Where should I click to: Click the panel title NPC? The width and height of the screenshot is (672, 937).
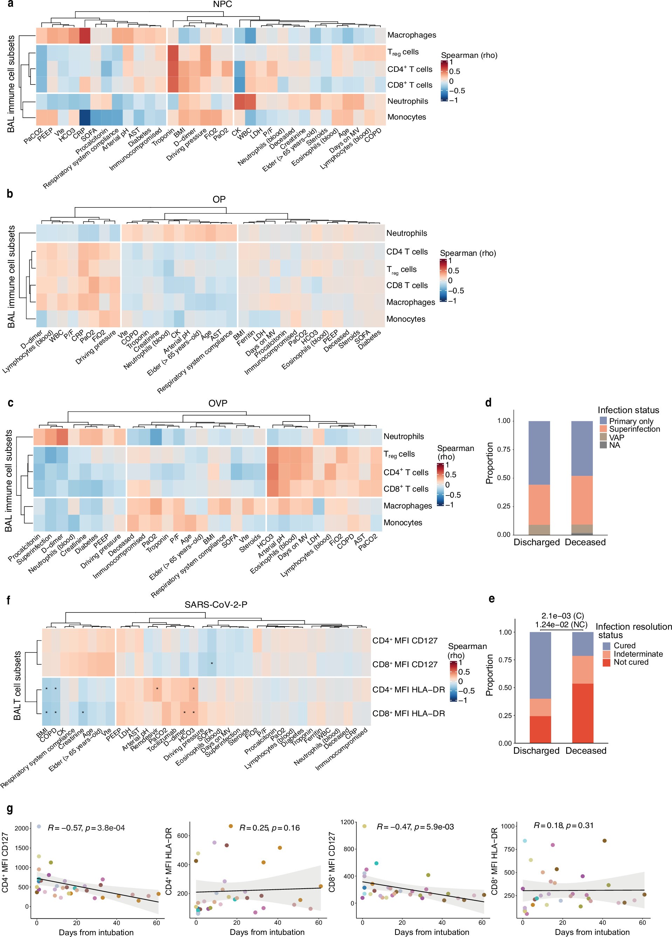(222, 5)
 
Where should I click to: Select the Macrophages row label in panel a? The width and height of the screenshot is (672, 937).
(411, 35)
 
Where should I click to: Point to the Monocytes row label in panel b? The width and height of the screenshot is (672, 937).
(406, 319)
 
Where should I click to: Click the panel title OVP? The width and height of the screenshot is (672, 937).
(218, 403)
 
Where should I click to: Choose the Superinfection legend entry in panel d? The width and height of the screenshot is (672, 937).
(634, 429)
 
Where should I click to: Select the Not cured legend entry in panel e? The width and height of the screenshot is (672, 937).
(631, 662)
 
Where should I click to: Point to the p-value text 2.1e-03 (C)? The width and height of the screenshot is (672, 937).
(563, 616)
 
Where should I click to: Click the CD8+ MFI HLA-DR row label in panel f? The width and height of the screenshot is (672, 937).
(409, 713)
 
